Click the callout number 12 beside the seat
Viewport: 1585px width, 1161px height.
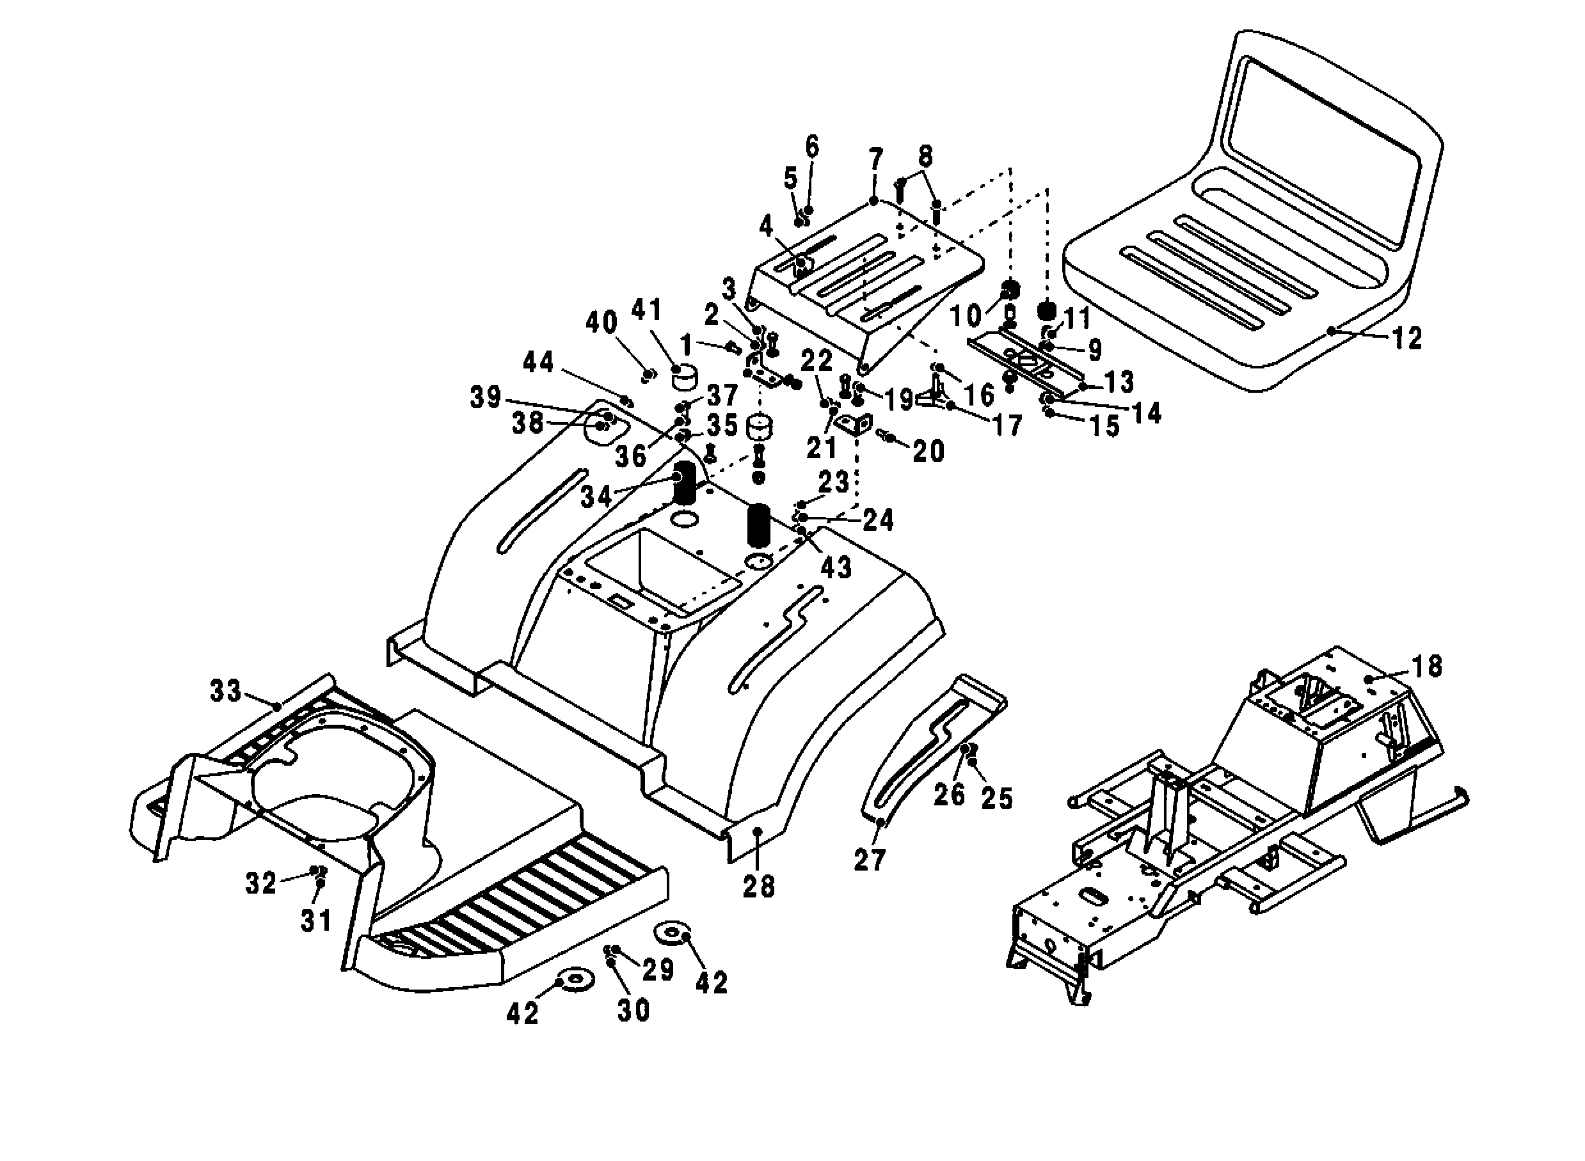tap(1406, 339)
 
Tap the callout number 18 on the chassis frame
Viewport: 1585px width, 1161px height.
tap(1426, 667)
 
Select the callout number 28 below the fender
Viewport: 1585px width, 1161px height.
tap(758, 888)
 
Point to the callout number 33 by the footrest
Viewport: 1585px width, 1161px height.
tap(226, 691)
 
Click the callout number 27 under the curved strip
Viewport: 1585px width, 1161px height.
tap(870, 860)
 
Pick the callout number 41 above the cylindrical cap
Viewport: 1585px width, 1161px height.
tap(647, 310)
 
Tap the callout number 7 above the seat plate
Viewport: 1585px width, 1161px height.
tap(875, 161)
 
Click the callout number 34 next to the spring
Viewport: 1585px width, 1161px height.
tap(596, 497)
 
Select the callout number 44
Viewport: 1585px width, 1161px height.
tap(538, 363)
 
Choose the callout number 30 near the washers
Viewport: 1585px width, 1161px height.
tap(633, 1011)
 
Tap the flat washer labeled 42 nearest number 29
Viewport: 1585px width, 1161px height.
tap(671, 933)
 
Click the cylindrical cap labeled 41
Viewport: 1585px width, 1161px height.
tap(683, 377)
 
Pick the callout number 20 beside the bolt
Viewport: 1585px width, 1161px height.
tap(928, 450)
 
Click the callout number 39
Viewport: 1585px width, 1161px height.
tap(485, 397)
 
